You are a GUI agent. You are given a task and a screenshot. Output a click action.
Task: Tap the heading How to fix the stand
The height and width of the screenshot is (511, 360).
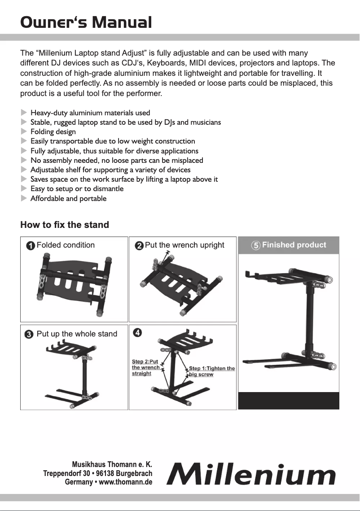coord(65,225)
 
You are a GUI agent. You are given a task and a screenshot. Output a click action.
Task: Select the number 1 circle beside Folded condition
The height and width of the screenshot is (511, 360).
coord(30,246)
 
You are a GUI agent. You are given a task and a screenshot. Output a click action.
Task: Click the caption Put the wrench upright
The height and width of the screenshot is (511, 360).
coord(184,245)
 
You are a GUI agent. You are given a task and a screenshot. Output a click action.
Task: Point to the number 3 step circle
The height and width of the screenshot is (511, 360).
coord(29,334)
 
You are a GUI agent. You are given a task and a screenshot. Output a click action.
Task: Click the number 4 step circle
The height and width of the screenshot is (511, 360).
coord(138,333)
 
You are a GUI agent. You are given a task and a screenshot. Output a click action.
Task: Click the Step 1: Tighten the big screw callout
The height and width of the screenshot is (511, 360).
coord(211,371)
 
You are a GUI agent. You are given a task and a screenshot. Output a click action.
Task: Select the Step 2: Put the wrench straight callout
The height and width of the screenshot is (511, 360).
coord(145,367)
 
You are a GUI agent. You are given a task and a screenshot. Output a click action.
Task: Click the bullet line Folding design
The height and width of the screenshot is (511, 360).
coord(53,132)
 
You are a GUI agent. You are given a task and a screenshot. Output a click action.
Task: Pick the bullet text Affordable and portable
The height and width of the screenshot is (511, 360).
coord(68,198)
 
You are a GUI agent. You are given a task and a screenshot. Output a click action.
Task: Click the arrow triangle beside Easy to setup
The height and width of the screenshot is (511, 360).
coord(24,189)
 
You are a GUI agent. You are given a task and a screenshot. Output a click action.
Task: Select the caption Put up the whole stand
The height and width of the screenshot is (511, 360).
coord(77,334)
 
